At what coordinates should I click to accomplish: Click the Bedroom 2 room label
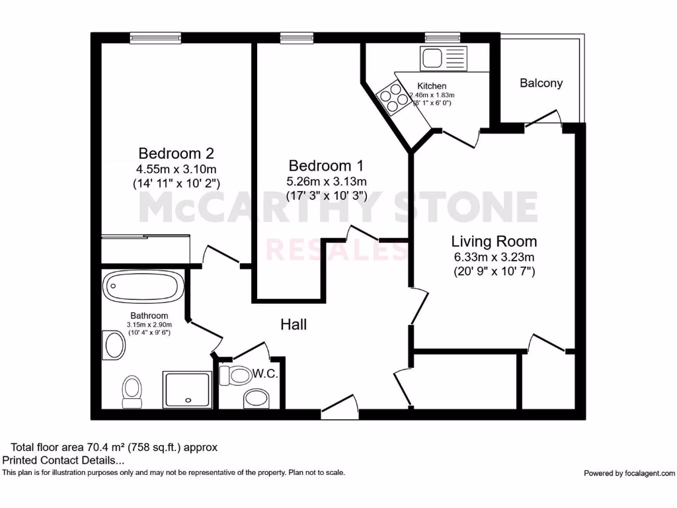176,153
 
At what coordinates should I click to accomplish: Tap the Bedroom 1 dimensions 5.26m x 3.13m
326,181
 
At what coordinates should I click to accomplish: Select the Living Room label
494,241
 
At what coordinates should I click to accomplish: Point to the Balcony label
541,83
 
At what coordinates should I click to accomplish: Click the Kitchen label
432,86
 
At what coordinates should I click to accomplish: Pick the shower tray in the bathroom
187,389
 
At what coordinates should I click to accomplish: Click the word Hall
294,324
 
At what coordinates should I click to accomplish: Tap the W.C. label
264,374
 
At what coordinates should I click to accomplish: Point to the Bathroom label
149,316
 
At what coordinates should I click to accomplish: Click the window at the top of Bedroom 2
155,38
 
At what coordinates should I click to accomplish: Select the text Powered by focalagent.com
629,473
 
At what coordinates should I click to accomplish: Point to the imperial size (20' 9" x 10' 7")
494,271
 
